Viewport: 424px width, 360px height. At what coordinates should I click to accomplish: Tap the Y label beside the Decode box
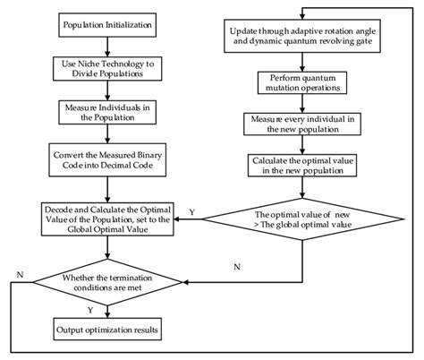[x=191, y=212]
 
